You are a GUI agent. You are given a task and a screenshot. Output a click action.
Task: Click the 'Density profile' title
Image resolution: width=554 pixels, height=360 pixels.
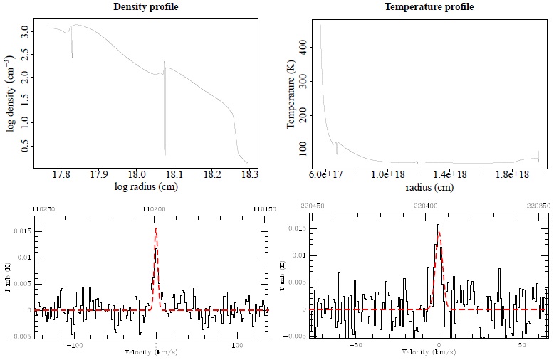pyautogui.click(x=145, y=7)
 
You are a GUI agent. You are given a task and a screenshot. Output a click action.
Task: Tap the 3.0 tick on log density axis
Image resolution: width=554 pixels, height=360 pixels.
pyautogui.click(x=25, y=32)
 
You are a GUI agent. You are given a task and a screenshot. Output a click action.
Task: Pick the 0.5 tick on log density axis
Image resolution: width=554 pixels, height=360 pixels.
pyautogui.click(x=25, y=147)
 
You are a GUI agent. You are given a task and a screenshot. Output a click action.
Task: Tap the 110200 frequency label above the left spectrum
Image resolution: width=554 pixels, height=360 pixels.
pyautogui.click(x=156, y=208)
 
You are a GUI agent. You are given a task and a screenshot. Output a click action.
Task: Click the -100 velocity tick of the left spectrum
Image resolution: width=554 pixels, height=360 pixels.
pyautogui.click(x=73, y=344)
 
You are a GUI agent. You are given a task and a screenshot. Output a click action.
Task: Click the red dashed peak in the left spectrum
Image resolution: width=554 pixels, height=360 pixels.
pyautogui.click(x=156, y=230)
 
